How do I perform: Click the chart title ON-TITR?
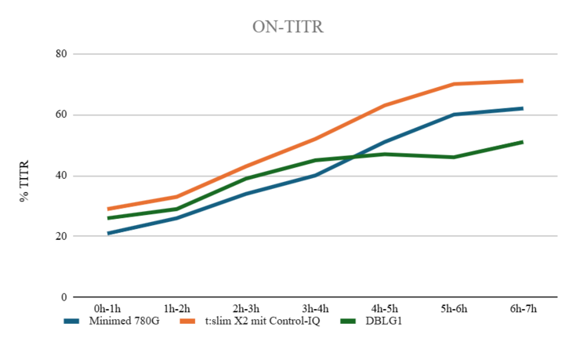click(287, 27)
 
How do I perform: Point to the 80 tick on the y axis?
click(61, 54)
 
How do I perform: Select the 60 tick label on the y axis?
click(61, 115)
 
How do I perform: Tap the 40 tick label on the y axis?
click(61, 176)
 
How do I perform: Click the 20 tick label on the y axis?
click(61, 236)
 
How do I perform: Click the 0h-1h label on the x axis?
click(108, 309)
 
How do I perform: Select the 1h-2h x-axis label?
click(177, 309)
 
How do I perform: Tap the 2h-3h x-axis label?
click(246, 309)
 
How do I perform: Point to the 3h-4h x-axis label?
click(315, 309)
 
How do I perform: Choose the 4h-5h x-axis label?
click(384, 309)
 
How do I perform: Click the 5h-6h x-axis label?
click(453, 309)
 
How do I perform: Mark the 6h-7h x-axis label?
click(522, 309)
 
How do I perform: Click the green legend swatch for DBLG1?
click(350, 321)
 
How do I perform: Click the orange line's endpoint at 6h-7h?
click(522, 81)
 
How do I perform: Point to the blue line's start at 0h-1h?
click(108, 233)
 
